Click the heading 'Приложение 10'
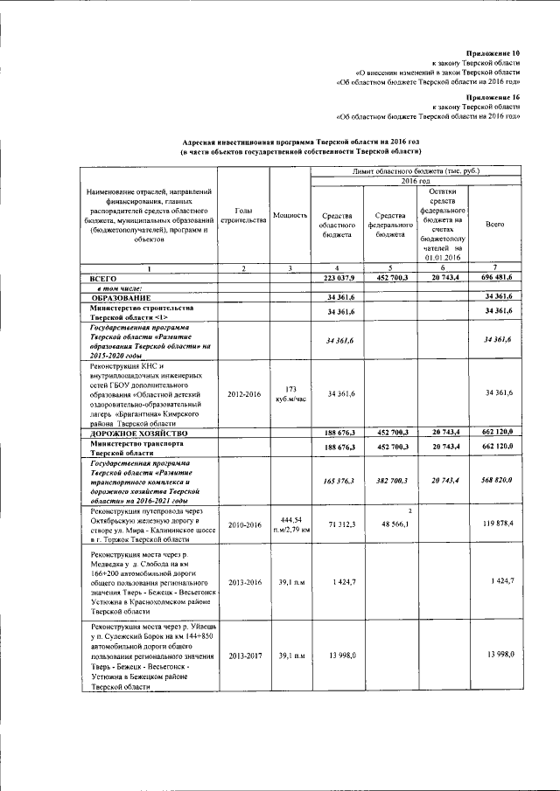click(x=493, y=53)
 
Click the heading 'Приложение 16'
click(x=493, y=97)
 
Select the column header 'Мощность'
click(x=290, y=215)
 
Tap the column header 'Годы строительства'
click(x=243, y=215)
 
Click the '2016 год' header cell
click(x=416, y=180)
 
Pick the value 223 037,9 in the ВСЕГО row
click(x=337, y=277)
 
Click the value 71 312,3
click(x=337, y=524)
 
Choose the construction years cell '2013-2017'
click(x=243, y=656)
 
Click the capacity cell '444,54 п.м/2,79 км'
click(x=290, y=524)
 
